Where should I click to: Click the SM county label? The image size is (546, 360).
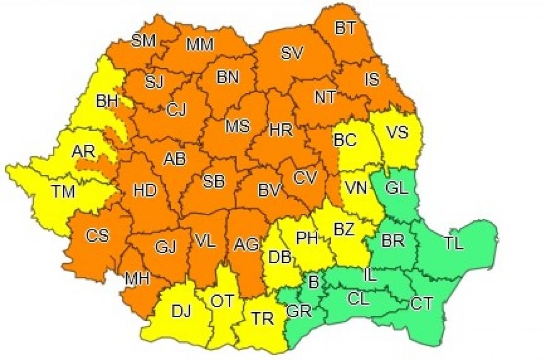pos(143,41)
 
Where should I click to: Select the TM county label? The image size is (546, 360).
pos(62,192)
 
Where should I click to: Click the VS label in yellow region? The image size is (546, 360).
pos(399,132)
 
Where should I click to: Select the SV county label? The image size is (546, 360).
pos(292,54)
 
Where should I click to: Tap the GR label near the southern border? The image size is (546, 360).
pos(299,312)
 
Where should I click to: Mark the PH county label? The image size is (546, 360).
pos(307,238)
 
